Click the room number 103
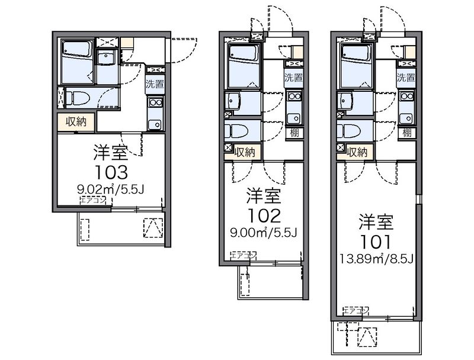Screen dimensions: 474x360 111,172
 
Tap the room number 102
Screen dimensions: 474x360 264,216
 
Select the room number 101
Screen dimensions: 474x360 376,242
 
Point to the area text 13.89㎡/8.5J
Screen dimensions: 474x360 376,259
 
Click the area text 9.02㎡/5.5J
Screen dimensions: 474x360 111,189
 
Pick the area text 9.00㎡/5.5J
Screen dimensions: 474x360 264,233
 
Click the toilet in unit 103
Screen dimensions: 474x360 78,98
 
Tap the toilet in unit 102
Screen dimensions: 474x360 236,131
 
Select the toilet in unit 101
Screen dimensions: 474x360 349,131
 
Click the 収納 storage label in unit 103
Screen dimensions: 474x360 76,122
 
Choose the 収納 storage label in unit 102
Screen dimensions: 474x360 245,152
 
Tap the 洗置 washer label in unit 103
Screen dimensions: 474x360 155,83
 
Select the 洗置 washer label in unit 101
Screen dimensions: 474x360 406,78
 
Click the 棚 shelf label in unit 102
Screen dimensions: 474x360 294,133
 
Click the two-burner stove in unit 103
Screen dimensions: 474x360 155,102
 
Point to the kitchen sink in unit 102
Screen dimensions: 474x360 294,118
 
